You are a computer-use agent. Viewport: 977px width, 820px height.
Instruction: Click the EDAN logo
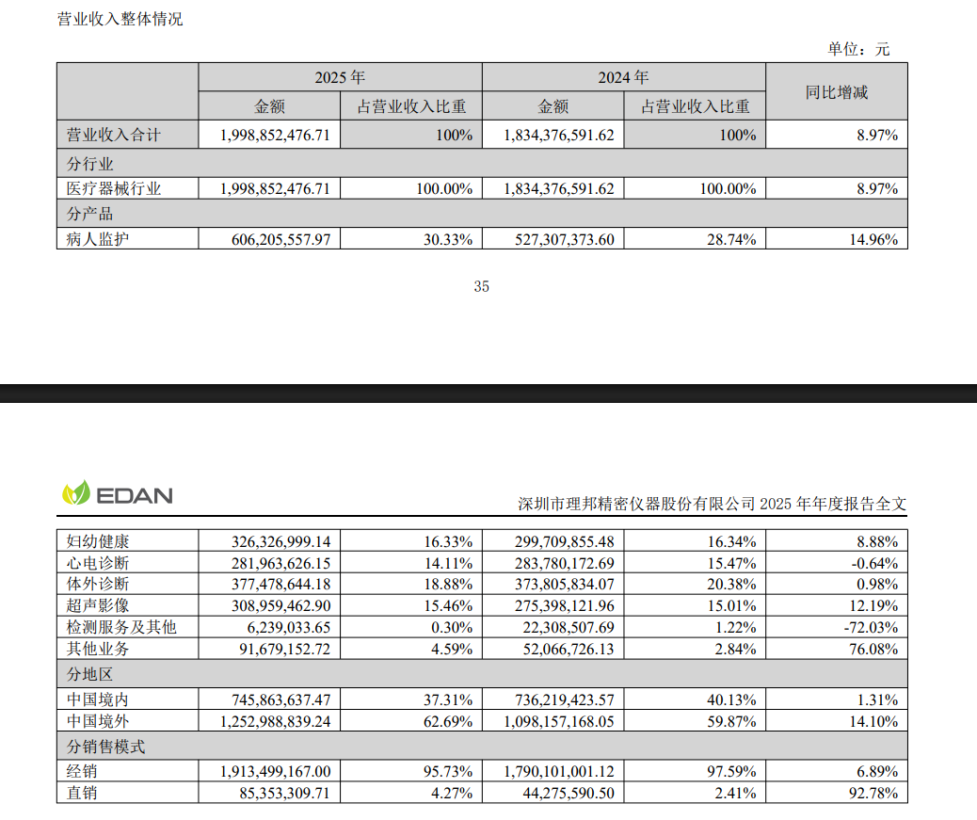[118, 493]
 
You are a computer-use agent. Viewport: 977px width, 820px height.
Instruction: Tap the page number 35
[482, 287]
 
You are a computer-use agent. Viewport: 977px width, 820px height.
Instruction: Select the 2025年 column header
[340, 77]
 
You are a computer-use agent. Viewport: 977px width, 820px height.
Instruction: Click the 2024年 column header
[623, 77]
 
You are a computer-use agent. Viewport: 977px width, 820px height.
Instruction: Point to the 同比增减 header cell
[836, 91]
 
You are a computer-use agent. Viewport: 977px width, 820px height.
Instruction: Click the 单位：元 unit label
[857, 50]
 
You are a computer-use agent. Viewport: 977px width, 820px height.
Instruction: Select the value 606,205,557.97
[280, 239]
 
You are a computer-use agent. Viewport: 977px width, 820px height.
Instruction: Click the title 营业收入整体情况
[120, 19]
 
